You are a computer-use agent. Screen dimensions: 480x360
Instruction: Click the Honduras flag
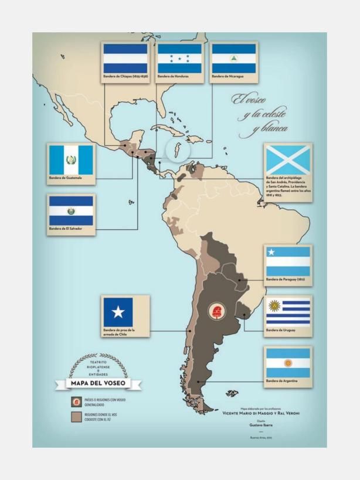coord(179,59)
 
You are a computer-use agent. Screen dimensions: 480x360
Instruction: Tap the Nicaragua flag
coord(233,59)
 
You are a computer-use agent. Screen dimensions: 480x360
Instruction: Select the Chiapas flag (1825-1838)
coord(125,59)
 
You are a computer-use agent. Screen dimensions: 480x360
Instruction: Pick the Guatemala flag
coord(71,159)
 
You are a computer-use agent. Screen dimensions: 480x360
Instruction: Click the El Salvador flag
coord(71,210)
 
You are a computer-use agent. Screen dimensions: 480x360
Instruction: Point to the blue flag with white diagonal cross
coord(288,159)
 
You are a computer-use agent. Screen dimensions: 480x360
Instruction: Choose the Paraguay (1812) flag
coord(288,261)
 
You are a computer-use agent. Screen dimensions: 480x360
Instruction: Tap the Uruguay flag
coord(288,312)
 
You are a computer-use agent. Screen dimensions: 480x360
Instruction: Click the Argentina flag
coord(288,363)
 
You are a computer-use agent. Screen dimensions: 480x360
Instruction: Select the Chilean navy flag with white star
coord(118,311)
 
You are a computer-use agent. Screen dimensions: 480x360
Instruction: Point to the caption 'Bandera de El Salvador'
coord(64,229)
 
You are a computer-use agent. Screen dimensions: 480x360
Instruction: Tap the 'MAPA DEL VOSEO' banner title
coord(98,384)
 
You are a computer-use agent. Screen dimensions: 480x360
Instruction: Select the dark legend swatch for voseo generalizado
coord(76,401)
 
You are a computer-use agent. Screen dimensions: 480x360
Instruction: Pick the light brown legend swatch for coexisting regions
coord(76,417)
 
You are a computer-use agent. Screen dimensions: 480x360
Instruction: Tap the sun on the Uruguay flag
coord(274,305)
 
